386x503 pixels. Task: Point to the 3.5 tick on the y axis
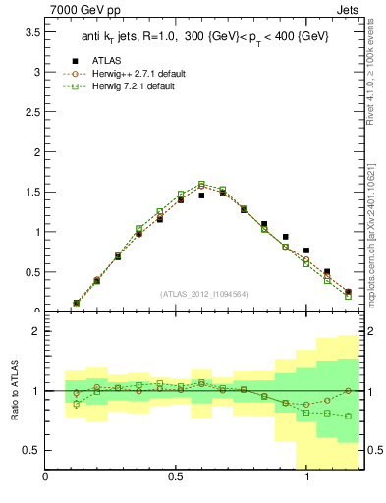[x=30, y=31]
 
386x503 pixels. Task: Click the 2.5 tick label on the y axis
[x=30, y=112]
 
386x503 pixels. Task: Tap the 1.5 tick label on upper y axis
[x=30, y=193]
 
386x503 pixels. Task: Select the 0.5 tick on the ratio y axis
[x=30, y=450]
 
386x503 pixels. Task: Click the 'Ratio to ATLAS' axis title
[x=13, y=391]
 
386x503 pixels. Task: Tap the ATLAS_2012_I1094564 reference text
[x=202, y=293]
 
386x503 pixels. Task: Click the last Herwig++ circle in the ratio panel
[x=348, y=391]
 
